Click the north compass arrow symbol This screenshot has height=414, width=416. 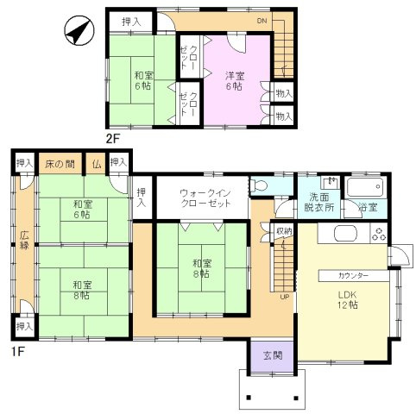tap(79, 30)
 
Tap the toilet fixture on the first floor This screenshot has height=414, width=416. tap(258, 185)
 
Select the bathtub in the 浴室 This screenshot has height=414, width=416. tap(365, 187)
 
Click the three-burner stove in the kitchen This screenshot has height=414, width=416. tap(379, 234)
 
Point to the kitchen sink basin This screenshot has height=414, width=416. tap(345, 234)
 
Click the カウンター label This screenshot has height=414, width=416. tap(353, 276)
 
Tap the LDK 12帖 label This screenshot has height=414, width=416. tap(348, 299)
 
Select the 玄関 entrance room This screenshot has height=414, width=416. tap(273, 356)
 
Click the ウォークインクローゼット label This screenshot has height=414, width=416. tap(205, 198)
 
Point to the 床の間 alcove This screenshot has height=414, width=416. tap(60, 164)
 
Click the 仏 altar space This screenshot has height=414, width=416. tap(97, 164)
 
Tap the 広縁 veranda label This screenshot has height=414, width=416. tap(24, 241)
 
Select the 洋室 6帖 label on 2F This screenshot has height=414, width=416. tap(235, 81)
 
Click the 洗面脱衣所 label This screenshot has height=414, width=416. tap(319, 202)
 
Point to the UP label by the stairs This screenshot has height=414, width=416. tap(285, 297)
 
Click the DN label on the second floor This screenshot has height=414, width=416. tap(262, 21)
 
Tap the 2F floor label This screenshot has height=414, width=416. tap(112, 139)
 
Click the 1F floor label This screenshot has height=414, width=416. tap(17, 351)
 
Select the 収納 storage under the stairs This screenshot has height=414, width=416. tap(284, 231)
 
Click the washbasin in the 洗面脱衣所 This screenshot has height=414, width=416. tap(331, 183)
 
